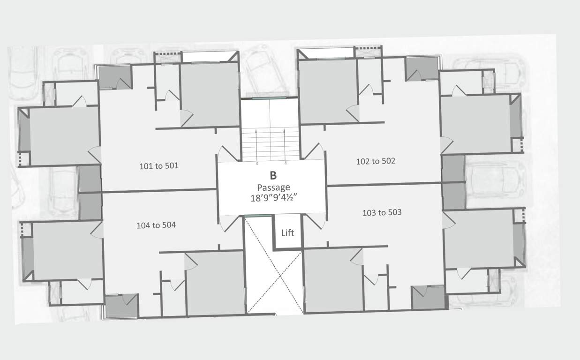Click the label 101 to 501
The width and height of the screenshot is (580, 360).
tap(159, 166)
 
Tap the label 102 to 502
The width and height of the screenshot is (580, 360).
tap(376, 161)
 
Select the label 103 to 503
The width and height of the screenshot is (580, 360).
tap(382, 213)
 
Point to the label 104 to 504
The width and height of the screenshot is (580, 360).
tap(156, 225)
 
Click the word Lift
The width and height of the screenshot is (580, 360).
tap(287, 232)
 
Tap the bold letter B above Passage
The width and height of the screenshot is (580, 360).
tap(273, 176)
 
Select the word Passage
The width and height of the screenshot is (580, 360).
tap(273, 187)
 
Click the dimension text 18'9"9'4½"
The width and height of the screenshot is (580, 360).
tap(275, 198)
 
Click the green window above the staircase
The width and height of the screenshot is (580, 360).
tap(269, 98)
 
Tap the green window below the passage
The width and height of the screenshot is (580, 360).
tap(258, 216)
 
